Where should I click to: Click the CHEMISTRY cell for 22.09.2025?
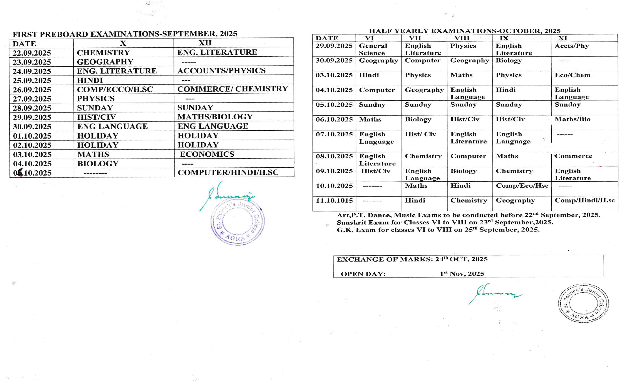[103, 53]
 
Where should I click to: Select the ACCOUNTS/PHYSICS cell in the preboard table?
[221, 71]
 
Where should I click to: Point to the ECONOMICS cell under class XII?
[207, 154]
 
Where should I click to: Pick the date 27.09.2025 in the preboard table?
[32, 99]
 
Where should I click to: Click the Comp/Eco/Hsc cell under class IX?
[522, 186]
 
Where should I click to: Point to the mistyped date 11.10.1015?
[334, 201]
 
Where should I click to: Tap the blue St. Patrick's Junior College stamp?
[237, 221]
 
